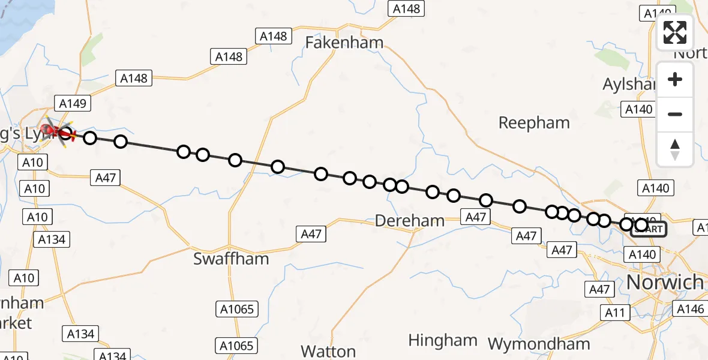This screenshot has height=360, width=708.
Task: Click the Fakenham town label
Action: point(344,43)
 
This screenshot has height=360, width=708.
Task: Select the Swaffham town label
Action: point(231,259)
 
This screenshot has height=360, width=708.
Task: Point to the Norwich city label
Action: point(665,282)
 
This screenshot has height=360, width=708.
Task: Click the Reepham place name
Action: point(534,123)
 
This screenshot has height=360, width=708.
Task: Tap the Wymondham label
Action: point(539,344)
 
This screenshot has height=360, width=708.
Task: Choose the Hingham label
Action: point(442,340)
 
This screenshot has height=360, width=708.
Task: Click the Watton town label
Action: point(328,350)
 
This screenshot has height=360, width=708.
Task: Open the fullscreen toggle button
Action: point(675,32)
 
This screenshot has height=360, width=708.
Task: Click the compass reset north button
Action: point(675,149)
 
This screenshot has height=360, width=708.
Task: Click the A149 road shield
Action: point(73,103)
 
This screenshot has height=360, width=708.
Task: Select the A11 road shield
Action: point(615,312)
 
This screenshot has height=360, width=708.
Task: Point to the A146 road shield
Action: point(691,308)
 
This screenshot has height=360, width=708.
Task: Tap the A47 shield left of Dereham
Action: point(311,234)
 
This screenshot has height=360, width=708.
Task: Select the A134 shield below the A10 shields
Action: point(51,239)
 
